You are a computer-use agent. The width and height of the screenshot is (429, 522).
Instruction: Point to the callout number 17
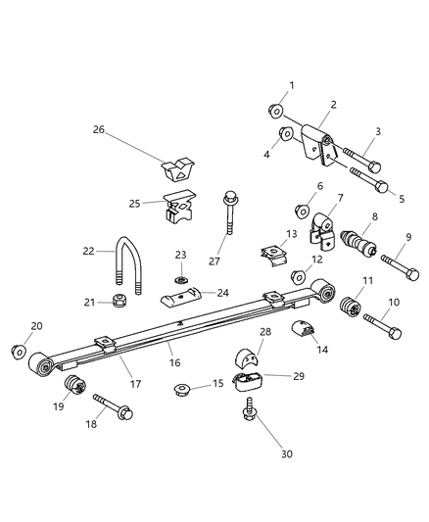point(135,385)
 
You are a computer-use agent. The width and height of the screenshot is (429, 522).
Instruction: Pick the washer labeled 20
point(18,351)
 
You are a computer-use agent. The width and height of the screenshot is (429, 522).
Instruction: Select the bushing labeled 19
point(71,383)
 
